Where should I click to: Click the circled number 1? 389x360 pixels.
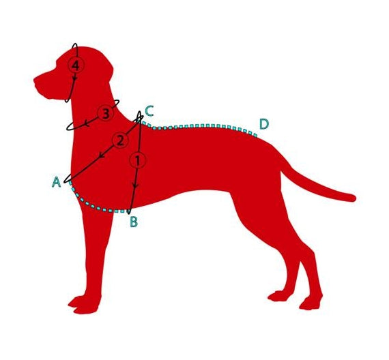tap(138, 160)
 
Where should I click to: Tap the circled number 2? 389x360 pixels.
tap(120, 140)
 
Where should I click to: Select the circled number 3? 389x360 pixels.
tap(106, 113)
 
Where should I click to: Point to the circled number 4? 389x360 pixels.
tap(76, 65)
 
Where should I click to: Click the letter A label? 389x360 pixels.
tap(57, 182)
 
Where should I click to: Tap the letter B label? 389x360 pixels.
tap(134, 222)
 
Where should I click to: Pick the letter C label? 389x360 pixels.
tap(149, 111)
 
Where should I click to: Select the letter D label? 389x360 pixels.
tap(264, 124)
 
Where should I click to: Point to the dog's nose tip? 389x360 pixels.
tap(35, 80)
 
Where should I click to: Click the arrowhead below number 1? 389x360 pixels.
tap(135, 185)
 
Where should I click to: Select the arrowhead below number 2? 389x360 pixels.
tap(101, 155)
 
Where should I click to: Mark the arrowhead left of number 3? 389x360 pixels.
tap(86, 123)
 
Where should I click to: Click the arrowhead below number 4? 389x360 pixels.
tap(74, 78)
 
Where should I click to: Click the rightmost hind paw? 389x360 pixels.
tap(311, 303)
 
